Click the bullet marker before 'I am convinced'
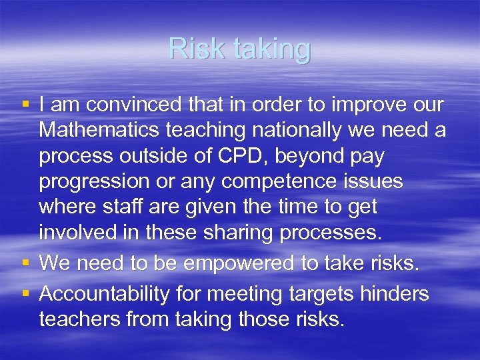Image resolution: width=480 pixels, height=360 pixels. point(25,104)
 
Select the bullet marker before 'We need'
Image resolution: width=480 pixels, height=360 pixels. point(25,262)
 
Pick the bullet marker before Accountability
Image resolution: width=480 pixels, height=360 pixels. point(25,293)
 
